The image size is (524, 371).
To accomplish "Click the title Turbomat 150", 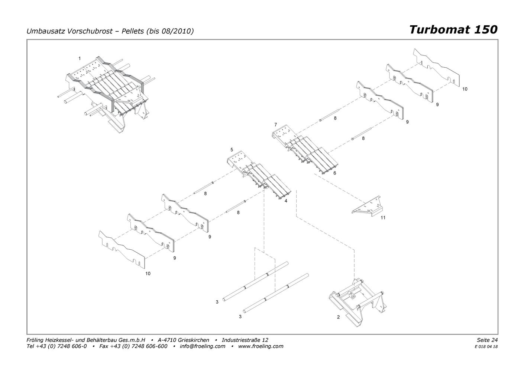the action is tap(453, 30).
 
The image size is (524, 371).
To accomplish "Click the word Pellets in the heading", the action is tap(133, 31).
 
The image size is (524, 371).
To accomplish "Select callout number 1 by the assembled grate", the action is tap(80, 58).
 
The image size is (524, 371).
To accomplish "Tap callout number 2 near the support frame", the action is tap(338, 317).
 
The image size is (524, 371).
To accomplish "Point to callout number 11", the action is tap(383, 218).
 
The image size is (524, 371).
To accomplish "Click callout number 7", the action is tap(276, 125).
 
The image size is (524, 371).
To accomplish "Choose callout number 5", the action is tap(232, 150).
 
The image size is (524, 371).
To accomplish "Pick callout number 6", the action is tap(334, 173).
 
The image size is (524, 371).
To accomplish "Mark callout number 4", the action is tap(286, 201).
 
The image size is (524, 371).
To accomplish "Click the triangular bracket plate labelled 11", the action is tap(367, 207).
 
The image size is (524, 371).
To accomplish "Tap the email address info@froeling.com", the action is tap(203, 346).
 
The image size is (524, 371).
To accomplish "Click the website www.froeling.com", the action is tap(261, 346).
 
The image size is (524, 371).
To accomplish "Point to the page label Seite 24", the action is tap(487, 340).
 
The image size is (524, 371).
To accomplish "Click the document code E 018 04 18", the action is tap(486, 347).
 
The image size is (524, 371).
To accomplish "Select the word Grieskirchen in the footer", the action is tap(193, 340).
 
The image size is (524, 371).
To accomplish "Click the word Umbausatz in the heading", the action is tap(46, 31).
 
